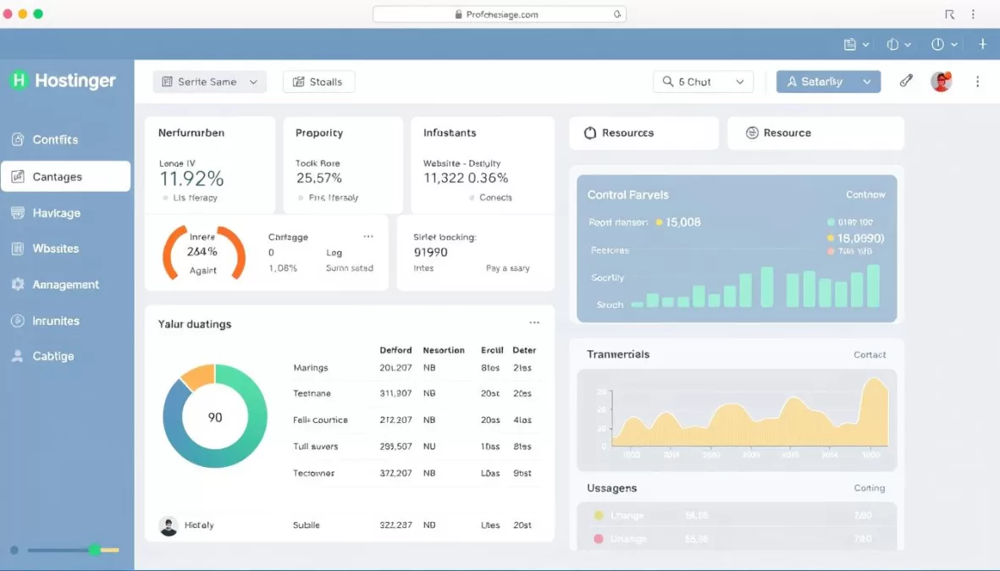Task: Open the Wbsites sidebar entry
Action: click(x=55, y=249)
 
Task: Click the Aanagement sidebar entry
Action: click(x=65, y=285)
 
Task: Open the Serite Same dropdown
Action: click(x=209, y=82)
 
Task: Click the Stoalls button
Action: click(x=318, y=82)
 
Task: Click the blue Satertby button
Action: click(x=828, y=82)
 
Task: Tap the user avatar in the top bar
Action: click(x=941, y=82)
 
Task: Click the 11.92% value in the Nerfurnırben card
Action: click(x=191, y=178)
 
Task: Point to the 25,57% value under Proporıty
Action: click(x=319, y=178)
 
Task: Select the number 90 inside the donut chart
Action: click(x=215, y=417)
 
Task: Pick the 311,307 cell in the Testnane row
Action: click(x=395, y=393)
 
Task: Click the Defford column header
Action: click(x=395, y=350)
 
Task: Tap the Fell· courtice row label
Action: click(x=320, y=420)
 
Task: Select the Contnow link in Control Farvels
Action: click(x=865, y=195)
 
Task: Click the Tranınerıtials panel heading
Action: click(x=618, y=354)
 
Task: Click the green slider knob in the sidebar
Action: click(x=95, y=550)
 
